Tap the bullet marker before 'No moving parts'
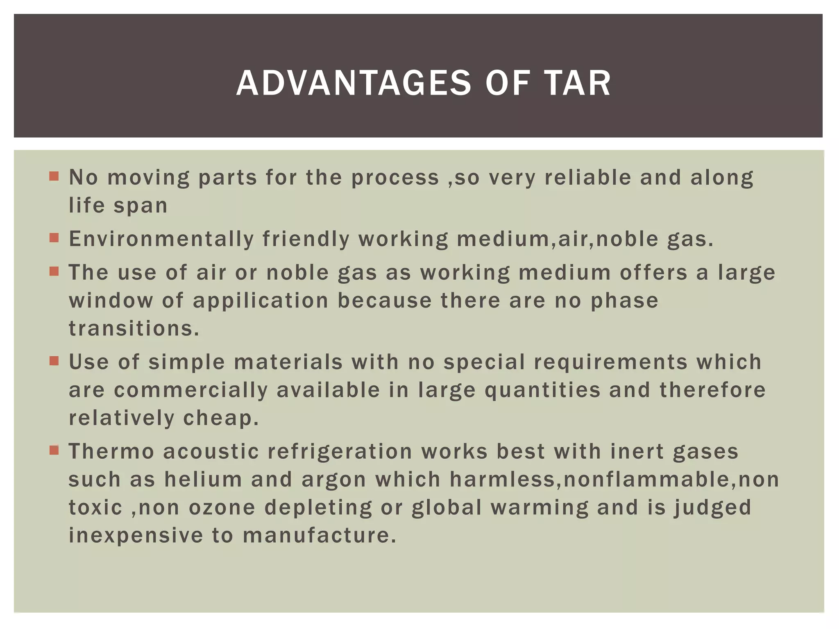54,176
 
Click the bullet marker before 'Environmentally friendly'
54,238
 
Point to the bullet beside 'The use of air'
54,272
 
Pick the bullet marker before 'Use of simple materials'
54,361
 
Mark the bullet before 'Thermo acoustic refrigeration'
54,450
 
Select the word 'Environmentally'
160,239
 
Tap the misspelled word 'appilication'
261,301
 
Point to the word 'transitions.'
134,328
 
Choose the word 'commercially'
190,390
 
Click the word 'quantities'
542,390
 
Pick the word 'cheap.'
221,418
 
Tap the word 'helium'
203,480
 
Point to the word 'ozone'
222,508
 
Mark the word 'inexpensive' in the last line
136,536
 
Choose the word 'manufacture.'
320,536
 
